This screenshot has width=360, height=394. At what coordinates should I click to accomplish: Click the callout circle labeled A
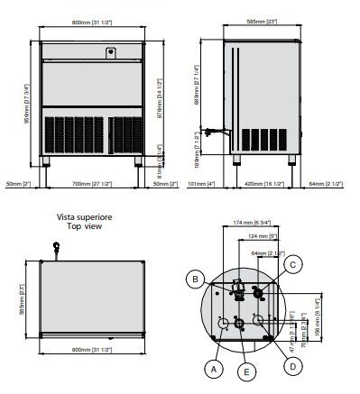pyautogui.click(x=212, y=368)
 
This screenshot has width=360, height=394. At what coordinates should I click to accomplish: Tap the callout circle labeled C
pyautogui.click(x=293, y=264)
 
